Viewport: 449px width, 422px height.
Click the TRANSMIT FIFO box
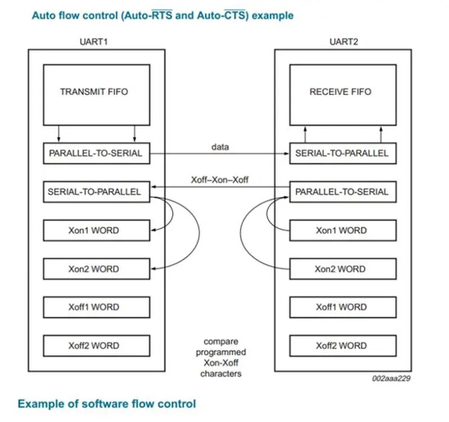(x=96, y=95)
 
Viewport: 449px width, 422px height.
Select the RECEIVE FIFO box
(x=342, y=95)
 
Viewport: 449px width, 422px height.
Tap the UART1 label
(x=94, y=42)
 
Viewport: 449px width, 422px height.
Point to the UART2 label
(x=344, y=42)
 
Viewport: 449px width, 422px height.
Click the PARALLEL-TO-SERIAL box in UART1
(x=96, y=154)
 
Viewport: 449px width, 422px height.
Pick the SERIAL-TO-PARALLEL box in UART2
(x=342, y=154)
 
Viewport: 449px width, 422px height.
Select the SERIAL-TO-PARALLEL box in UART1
(x=96, y=192)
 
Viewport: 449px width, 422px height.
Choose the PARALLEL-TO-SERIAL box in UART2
(x=342, y=192)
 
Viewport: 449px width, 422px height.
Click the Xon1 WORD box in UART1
(x=96, y=230)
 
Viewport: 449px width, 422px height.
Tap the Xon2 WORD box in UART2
(x=342, y=269)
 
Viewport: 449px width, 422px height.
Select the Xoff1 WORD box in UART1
(x=96, y=307)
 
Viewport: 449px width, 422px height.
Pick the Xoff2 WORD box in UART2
(x=342, y=346)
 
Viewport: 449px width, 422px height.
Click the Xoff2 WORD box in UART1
(x=96, y=346)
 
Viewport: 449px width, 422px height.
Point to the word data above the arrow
(x=220, y=147)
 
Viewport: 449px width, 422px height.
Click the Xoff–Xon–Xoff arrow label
(x=220, y=180)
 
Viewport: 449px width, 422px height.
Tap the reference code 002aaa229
(x=391, y=378)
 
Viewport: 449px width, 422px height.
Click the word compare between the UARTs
(x=221, y=342)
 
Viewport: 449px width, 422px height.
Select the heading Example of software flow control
(x=107, y=404)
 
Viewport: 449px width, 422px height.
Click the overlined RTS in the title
(x=162, y=15)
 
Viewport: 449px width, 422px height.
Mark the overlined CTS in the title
(x=235, y=15)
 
